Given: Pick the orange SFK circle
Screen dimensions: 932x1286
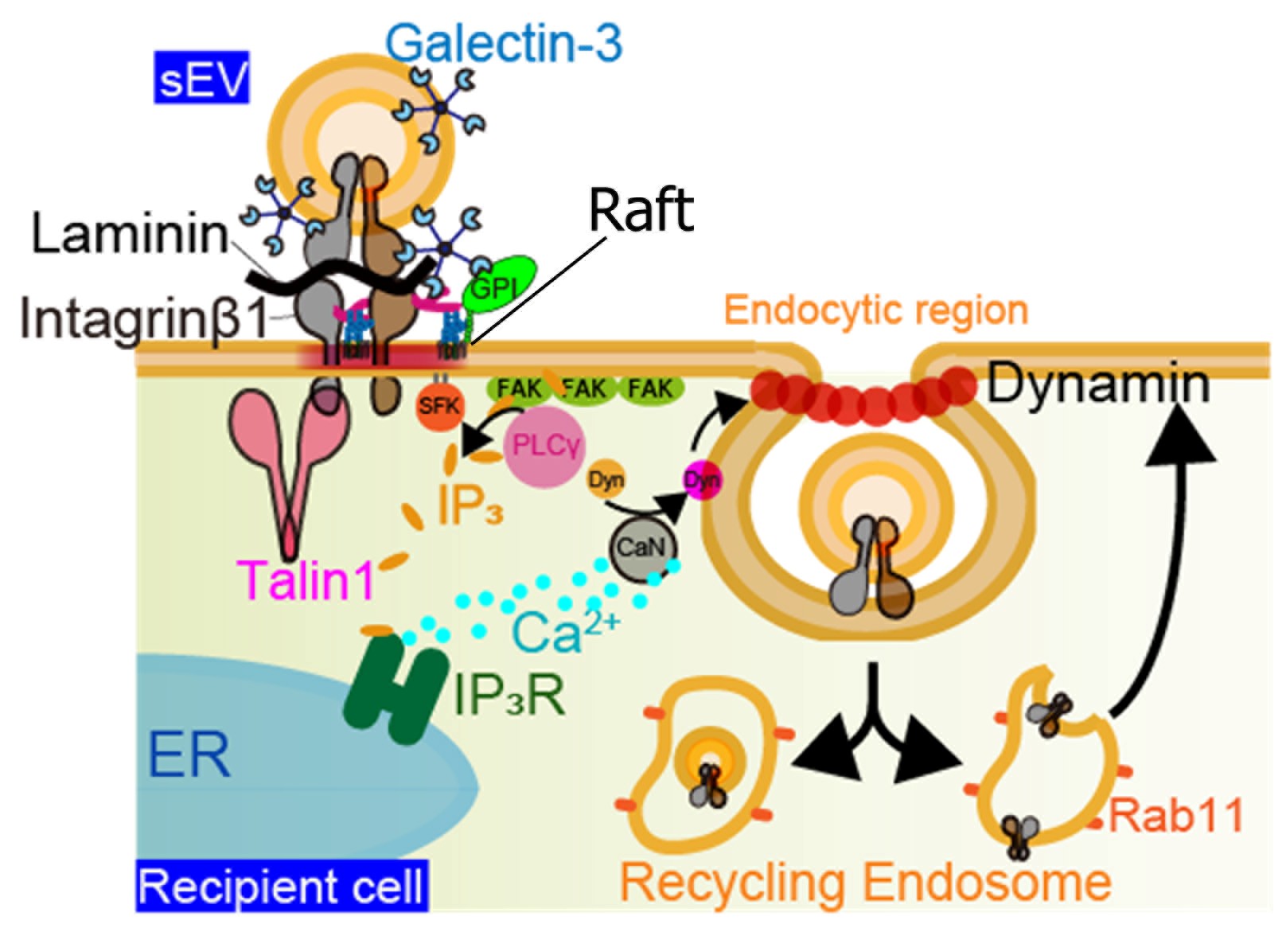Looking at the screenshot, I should (x=439, y=406).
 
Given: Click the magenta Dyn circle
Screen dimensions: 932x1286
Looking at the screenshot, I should (x=703, y=480).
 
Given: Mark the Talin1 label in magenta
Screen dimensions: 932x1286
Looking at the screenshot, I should (x=307, y=579).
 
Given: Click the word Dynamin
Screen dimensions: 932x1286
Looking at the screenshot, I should (x=1098, y=384).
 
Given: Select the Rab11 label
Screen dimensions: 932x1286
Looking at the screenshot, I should (x=1175, y=816).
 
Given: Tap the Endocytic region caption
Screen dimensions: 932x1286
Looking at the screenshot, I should (x=876, y=310).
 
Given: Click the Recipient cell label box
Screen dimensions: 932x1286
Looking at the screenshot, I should (x=283, y=886).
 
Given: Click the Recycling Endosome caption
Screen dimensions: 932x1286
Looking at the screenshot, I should (x=865, y=883).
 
